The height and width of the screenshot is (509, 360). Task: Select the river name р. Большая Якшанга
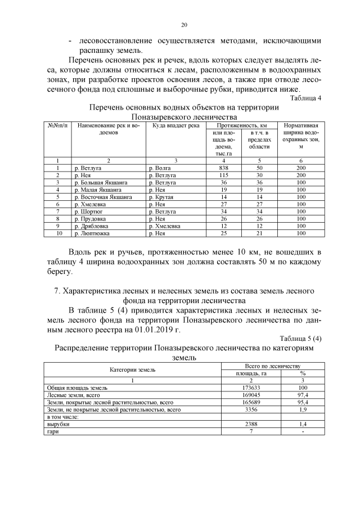point(101,183)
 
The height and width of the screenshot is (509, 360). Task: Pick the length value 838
point(223,168)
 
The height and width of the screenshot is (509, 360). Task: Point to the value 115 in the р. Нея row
point(223,175)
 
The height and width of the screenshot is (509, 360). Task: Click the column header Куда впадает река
point(176,125)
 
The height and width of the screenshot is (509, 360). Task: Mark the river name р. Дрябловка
point(92,226)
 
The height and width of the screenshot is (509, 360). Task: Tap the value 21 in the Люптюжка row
point(259,233)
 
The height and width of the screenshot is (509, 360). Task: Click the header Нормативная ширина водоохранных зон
point(301,136)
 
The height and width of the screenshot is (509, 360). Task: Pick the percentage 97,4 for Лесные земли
point(303,395)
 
